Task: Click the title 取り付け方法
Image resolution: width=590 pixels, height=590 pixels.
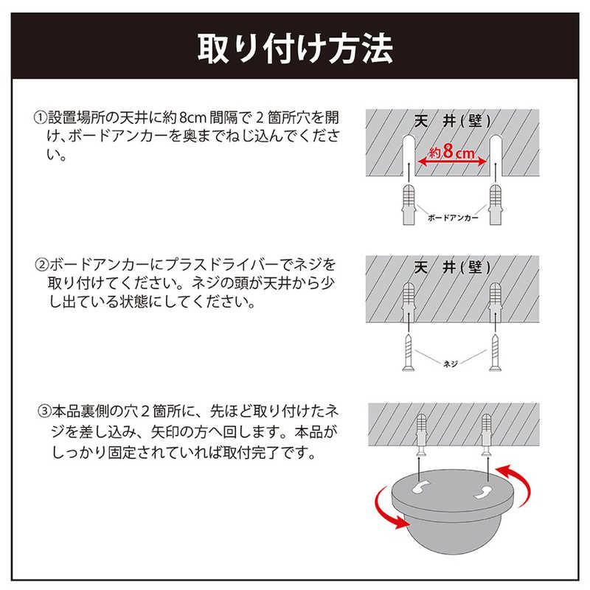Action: [296, 48]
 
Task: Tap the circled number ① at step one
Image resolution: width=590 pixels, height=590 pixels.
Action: [41, 117]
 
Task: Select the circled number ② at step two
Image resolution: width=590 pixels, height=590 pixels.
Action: [41, 265]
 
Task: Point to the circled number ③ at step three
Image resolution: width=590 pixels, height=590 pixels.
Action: [44, 411]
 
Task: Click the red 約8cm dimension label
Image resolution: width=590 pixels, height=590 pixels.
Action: [451, 152]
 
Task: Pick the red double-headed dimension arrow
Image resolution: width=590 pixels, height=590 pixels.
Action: [452, 162]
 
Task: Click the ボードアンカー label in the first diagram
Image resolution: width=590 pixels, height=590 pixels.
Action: [453, 218]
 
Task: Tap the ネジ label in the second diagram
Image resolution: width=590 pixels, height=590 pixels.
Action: [451, 364]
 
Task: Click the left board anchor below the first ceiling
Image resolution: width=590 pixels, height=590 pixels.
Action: [409, 204]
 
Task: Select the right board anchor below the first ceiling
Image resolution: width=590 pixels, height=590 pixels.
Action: [495, 204]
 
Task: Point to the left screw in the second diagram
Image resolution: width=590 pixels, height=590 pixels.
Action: [409, 353]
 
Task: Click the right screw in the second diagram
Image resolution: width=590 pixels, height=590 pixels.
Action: [495, 353]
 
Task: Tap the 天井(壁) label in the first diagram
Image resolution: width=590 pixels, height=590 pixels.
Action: [452, 121]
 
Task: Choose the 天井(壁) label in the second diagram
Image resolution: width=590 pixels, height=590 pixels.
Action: [452, 268]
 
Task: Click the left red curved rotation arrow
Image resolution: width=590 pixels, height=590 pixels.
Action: [383, 510]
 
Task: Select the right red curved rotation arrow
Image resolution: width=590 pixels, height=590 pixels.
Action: [524, 483]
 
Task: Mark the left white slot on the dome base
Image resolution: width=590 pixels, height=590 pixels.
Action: [421, 487]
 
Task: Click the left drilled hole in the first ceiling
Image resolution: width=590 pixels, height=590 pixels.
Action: [409, 155]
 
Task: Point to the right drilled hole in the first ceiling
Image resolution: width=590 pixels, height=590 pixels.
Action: [495, 155]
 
